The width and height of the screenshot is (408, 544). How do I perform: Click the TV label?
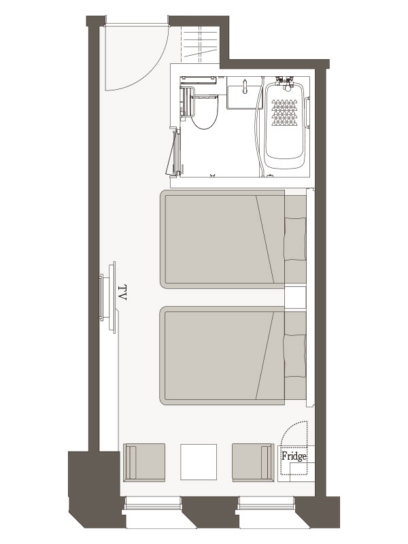pyautogui.click(x=122, y=293)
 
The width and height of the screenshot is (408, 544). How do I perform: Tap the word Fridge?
pyautogui.click(x=294, y=456)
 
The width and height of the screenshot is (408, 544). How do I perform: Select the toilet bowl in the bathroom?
pyautogui.click(x=205, y=111)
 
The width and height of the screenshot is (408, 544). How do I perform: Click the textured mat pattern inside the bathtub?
pyautogui.click(x=284, y=113)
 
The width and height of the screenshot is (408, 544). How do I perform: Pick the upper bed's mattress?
pyautogui.click(x=223, y=239)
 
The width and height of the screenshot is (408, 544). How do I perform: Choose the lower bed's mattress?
pyautogui.click(x=223, y=356)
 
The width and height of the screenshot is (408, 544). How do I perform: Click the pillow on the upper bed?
pyautogui.click(x=295, y=239)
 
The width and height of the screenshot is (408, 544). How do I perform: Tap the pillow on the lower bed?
pyautogui.click(x=295, y=356)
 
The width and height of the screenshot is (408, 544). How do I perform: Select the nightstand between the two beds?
pyautogui.click(x=296, y=297)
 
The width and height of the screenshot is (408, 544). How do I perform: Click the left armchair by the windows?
pyautogui.click(x=144, y=462)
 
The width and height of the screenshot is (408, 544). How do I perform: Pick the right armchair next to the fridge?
pyautogui.click(x=253, y=462)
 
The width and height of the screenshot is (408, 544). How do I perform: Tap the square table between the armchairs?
pyautogui.click(x=199, y=462)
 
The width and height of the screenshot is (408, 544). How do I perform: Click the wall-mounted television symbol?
pyautogui.click(x=108, y=297)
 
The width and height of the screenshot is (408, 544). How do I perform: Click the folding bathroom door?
pyautogui.click(x=175, y=152)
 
